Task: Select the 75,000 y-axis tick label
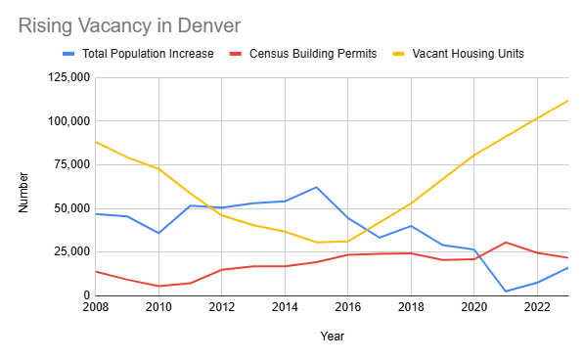(70, 165)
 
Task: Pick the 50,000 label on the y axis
(70, 208)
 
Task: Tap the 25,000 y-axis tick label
(70, 251)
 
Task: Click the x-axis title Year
(331, 337)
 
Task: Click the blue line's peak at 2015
(316, 187)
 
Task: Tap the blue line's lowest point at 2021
(505, 291)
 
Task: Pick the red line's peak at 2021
(505, 243)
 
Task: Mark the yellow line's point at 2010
(158, 169)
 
